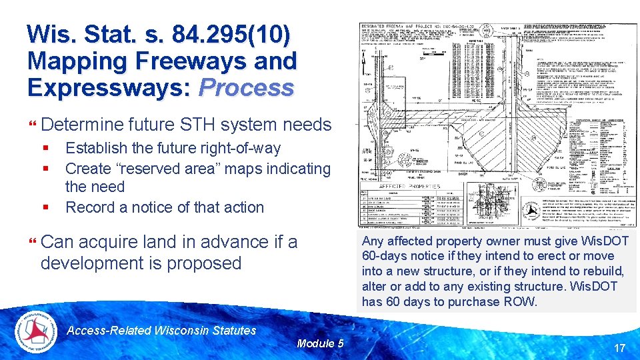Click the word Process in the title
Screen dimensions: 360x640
(x=246, y=87)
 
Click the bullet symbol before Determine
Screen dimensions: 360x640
(x=32, y=125)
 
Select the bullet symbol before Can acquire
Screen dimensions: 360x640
(x=32, y=242)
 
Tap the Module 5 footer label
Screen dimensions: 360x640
(x=320, y=343)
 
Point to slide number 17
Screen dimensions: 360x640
(x=619, y=347)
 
